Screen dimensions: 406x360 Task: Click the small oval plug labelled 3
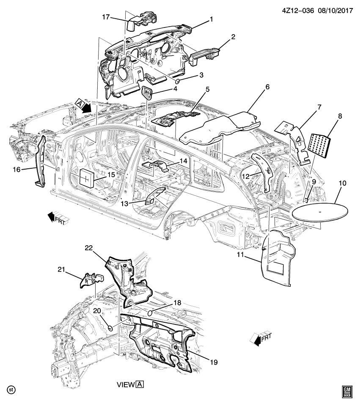tap(179, 80)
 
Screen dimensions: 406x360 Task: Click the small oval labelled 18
tap(150, 313)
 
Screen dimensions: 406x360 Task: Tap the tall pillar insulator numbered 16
tap(42, 161)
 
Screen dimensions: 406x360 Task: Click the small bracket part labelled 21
tap(92, 280)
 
